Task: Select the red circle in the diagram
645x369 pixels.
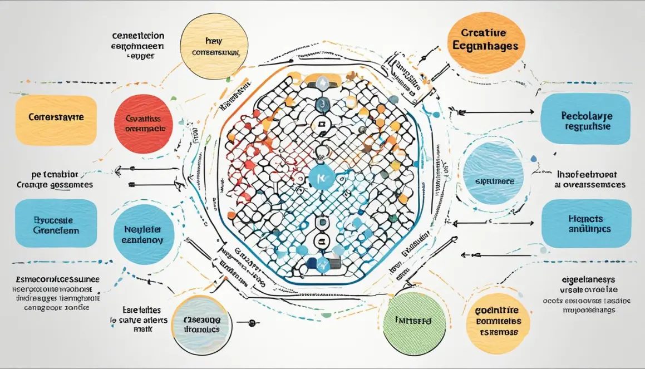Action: pyautogui.click(x=144, y=123)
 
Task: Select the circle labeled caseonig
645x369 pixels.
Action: pyautogui.click(x=201, y=324)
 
